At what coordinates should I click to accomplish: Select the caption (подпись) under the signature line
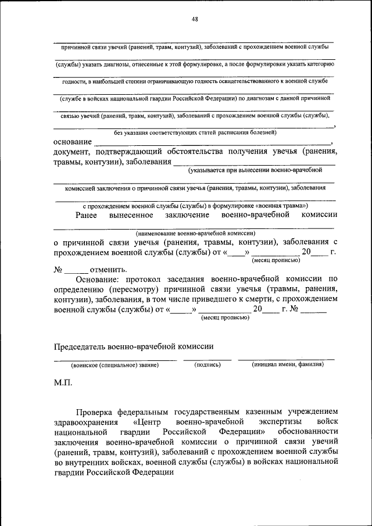click(x=208, y=365)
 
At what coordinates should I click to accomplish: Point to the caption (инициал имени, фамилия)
click(x=288, y=365)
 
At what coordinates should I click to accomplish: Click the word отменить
click(x=108, y=270)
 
